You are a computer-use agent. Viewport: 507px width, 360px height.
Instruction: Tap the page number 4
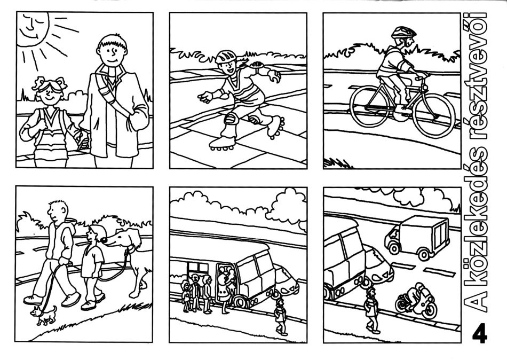click(x=480, y=333)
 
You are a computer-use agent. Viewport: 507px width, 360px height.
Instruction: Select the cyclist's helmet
click(x=403, y=32)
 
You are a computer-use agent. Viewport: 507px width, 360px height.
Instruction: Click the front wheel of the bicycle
click(x=434, y=115)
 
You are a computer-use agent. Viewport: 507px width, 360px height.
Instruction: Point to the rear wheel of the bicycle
click(x=369, y=106)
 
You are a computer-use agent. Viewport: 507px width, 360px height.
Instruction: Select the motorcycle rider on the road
click(x=416, y=300)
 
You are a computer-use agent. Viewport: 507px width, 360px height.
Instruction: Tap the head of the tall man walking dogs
click(x=58, y=211)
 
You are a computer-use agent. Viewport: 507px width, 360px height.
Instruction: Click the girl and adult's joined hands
click(x=83, y=139)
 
